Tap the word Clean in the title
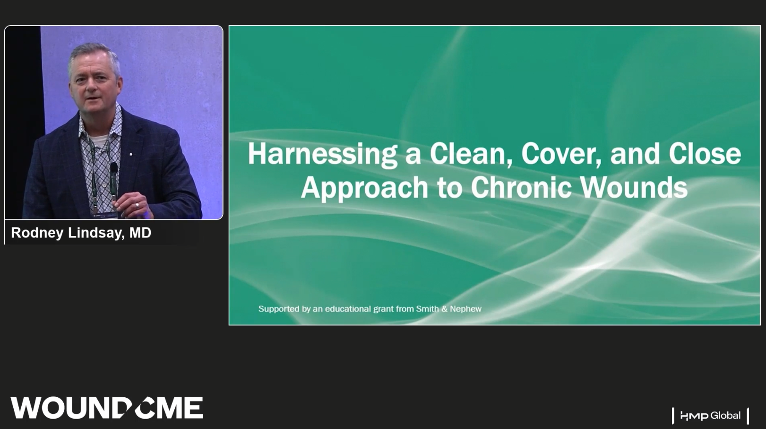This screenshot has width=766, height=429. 471,154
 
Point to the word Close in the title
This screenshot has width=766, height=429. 705,153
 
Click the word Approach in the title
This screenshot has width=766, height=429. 364,188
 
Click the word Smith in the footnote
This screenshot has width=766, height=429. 427,309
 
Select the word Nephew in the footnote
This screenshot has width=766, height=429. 465,309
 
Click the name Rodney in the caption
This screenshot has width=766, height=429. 37,233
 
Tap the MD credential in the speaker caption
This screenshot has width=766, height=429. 140,233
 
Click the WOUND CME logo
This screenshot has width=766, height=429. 107,407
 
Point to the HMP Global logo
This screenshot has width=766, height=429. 710,416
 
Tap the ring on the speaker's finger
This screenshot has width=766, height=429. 137,205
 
